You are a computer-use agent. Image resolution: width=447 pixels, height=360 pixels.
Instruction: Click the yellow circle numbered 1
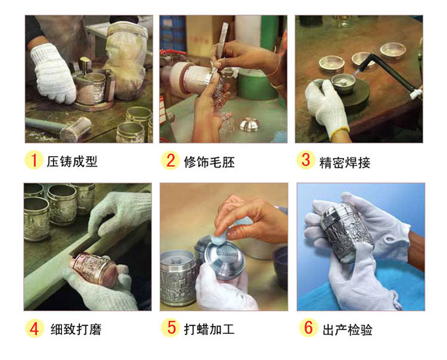(34, 160)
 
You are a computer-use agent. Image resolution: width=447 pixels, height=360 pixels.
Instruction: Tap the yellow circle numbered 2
(170, 160)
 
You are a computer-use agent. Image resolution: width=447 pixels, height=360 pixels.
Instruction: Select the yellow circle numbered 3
(306, 160)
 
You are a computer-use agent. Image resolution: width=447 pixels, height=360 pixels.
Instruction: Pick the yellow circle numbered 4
(34, 328)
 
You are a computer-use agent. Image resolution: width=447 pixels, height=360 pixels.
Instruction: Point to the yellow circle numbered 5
(170, 327)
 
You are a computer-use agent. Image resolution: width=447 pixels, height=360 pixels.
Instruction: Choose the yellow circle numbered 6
(309, 327)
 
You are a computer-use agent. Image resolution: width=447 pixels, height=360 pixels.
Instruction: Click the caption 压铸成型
(72, 162)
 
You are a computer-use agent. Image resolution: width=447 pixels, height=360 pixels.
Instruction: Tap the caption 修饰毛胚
(209, 162)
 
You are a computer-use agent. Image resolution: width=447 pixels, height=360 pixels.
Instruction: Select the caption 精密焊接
(345, 163)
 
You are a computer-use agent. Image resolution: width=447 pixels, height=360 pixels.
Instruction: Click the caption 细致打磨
(76, 329)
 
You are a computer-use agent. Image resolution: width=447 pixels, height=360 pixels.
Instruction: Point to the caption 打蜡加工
(209, 329)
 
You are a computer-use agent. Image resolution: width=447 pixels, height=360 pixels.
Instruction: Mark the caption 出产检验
(347, 330)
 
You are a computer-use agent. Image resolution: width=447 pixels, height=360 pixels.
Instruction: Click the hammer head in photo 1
(76, 129)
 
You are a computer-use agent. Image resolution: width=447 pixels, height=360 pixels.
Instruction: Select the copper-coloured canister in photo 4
(94, 268)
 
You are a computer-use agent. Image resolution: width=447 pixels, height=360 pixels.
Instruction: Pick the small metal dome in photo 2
(250, 125)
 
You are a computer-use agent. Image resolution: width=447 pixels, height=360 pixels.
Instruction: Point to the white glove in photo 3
(327, 107)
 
